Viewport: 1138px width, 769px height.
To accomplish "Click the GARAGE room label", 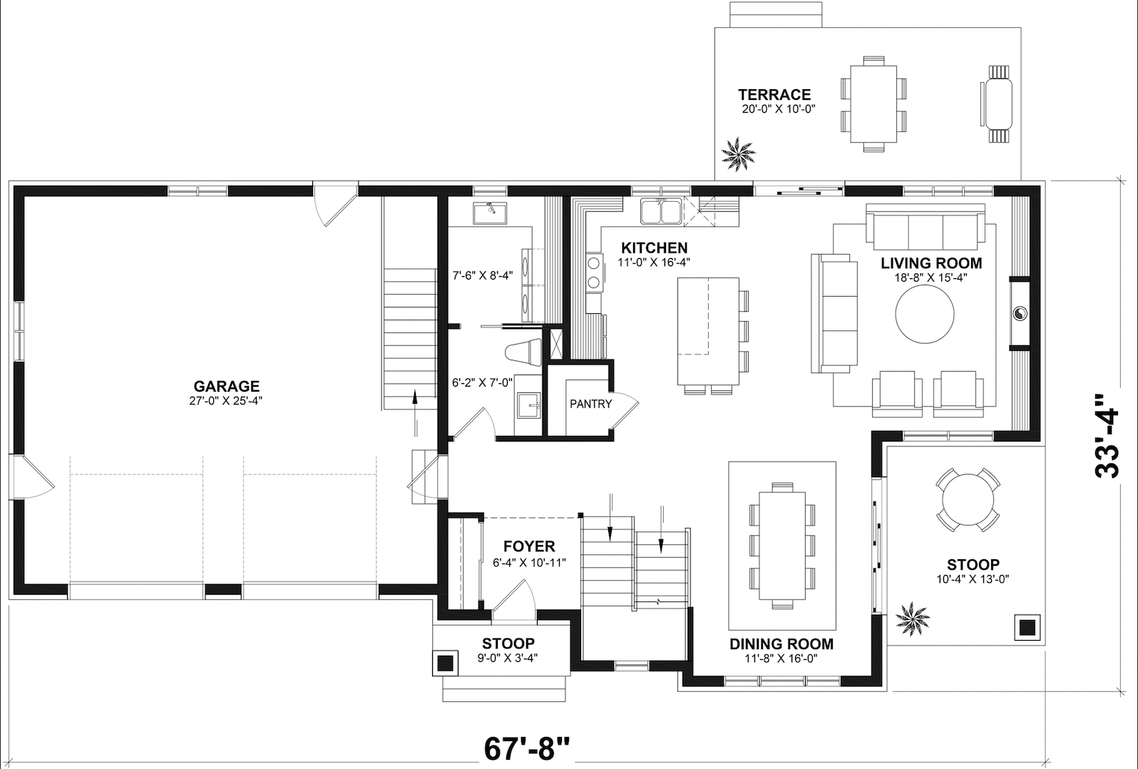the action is [x=227, y=386].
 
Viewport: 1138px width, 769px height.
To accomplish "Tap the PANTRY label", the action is [x=591, y=404].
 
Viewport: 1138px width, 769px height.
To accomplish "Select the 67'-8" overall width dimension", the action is [x=527, y=749].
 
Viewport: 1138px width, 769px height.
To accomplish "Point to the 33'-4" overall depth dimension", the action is [x=1107, y=436].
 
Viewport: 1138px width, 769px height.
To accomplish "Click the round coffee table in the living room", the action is [x=925, y=314].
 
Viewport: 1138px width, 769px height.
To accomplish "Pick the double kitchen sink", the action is [x=660, y=211].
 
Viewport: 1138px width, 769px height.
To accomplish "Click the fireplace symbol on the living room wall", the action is [x=1020, y=314].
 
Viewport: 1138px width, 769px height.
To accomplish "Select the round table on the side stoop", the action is [x=968, y=499].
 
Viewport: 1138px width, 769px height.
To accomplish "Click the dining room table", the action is [x=782, y=546].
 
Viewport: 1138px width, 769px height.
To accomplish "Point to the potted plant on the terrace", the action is [x=738, y=153].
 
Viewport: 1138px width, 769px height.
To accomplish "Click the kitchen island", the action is [x=708, y=331].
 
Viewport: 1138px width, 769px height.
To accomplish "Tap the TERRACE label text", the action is [x=774, y=95].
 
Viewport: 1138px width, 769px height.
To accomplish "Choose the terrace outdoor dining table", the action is [x=873, y=103].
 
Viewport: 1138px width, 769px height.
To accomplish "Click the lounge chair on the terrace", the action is [x=995, y=103].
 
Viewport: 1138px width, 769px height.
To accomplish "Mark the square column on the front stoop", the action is [x=445, y=663].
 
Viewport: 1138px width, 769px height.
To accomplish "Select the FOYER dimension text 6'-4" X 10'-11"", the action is [x=529, y=563].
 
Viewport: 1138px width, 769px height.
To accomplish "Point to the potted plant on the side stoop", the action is [x=913, y=618].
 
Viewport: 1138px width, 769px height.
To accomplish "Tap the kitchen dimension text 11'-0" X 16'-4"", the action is [x=654, y=263].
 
